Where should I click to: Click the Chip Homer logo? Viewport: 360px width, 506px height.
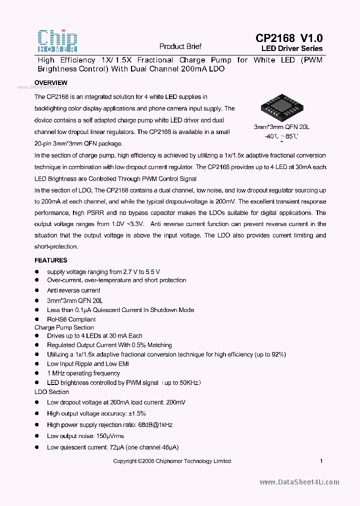pos(57,41)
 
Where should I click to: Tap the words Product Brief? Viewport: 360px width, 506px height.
pos(180,46)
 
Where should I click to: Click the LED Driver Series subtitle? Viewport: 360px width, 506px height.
pos(292,49)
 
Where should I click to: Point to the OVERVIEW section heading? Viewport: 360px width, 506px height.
pos(50,82)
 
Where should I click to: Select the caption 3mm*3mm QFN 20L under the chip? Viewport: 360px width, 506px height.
pos(281,127)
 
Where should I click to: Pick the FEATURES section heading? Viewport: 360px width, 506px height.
pos(50,260)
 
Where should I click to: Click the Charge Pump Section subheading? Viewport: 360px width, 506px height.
pos(64,327)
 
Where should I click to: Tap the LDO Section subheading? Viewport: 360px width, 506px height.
pos(51,392)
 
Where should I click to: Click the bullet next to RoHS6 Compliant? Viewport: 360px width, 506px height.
pos(36,319)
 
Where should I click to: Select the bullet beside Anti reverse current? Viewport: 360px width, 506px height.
pos(36,290)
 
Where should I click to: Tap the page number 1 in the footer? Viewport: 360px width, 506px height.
pos(321,461)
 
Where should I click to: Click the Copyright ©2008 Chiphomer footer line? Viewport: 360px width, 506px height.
pos(172,461)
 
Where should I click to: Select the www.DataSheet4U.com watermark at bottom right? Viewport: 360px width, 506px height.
pos(299,482)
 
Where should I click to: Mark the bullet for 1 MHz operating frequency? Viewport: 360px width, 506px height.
pos(36,373)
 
